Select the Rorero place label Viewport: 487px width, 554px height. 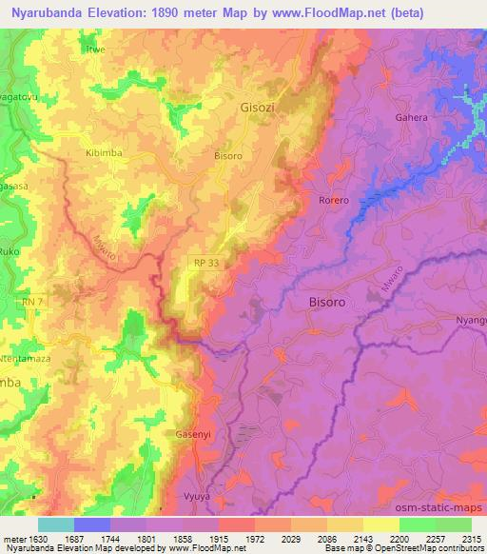tap(334, 200)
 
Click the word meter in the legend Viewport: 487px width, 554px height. tap(14, 538)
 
